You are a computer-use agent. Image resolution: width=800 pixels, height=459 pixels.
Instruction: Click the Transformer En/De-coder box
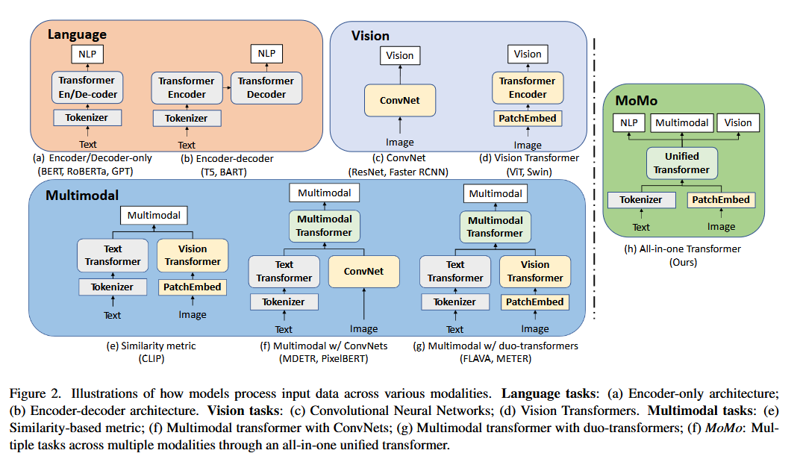click(x=87, y=87)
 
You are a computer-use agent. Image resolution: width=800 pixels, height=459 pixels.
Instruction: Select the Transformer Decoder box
click(x=266, y=88)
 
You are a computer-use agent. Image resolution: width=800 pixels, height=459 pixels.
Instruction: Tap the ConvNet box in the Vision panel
click(x=400, y=101)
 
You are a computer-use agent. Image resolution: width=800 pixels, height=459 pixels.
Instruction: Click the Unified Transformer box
click(x=681, y=163)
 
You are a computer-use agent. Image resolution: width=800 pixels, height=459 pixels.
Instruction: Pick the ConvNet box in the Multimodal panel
click(x=363, y=272)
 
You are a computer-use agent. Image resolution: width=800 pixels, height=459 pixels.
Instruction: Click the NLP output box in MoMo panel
click(x=628, y=123)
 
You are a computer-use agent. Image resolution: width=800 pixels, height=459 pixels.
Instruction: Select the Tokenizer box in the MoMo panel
click(x=641, y=200)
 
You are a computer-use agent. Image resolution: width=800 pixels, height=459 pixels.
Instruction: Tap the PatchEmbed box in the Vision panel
click(x=528, y=119)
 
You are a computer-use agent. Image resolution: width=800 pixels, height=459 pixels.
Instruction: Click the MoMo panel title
click(x=637, y=101)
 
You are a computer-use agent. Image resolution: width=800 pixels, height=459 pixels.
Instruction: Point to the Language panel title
click(x=77, y=34)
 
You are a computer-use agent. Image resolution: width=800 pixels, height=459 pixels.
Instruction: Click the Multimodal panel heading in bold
click(x=82, y=196)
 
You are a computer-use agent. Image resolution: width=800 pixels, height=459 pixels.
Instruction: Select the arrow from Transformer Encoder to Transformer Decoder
click(x=227, y=88)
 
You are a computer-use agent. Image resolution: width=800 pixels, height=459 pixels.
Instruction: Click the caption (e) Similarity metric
click(x=151, y=346)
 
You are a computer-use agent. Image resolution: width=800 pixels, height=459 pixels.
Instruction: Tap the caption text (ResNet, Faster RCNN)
click(x=399, y=172)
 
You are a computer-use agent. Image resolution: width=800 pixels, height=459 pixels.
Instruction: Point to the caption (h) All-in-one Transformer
click(x=683, y=249)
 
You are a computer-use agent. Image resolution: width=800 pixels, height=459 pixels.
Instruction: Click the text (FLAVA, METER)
click(x=496, y=358)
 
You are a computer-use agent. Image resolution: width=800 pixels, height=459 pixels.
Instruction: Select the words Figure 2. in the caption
click(x=35, y=394)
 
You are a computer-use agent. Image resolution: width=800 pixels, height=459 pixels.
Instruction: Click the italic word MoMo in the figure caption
click(x=723, y=428)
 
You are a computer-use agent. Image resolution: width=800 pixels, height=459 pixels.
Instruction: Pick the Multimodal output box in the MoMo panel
click(x=681, y=123)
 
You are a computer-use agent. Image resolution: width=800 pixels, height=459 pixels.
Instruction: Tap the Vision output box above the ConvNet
click(x=400, y=55)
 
